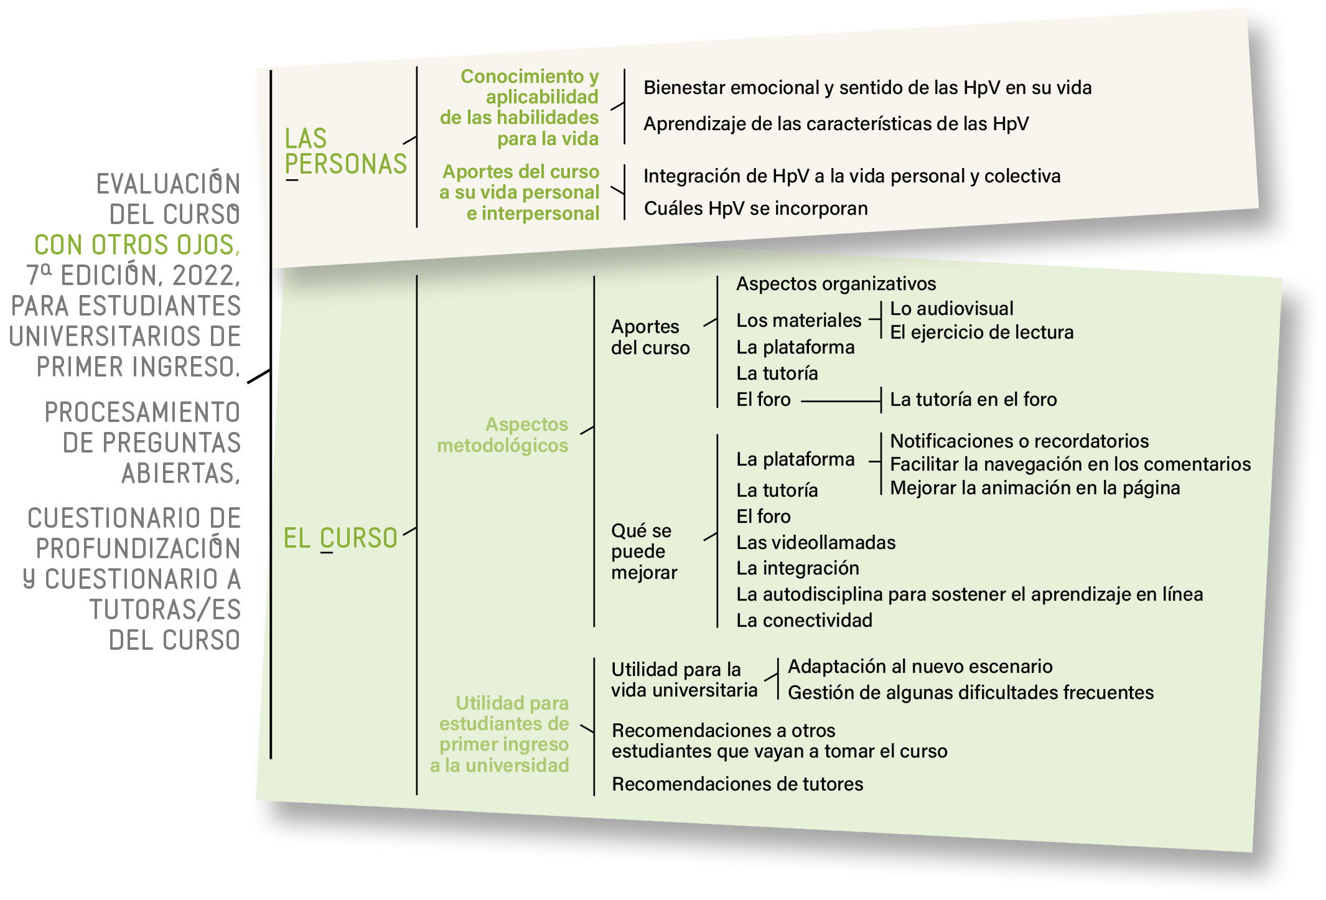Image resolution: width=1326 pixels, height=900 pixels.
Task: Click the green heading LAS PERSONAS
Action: [x=345, y=151]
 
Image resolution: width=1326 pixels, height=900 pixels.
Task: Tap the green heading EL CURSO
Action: [x=340, y=538]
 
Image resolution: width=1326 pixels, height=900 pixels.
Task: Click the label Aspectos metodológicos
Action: [x=503, y=434]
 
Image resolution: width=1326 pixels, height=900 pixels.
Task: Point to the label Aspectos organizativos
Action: [x=836, y=284]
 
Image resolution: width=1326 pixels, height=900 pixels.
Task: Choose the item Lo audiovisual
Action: [x=951, y=308]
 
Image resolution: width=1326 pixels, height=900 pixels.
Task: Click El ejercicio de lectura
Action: [x=981, y=332]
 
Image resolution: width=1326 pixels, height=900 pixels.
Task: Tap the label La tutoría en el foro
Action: [x=973, y=399]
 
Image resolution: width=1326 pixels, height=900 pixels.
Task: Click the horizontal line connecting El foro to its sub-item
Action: [x=840, y=401]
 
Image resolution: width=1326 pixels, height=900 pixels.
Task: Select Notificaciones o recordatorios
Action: [x=1019, y=441]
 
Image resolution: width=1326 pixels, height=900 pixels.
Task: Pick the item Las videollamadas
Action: [x=816, y=542]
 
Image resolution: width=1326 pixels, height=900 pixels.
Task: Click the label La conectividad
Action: [x=804, y=620]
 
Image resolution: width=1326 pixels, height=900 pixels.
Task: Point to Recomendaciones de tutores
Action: [x=737, y=784]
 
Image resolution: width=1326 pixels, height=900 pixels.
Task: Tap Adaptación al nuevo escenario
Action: [x=920, y=666]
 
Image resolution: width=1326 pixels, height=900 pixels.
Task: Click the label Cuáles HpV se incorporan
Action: [x=755, y=208]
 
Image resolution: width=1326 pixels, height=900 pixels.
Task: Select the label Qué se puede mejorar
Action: [x=644, y=551]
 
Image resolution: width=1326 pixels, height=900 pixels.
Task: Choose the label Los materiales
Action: [x=798, y=321]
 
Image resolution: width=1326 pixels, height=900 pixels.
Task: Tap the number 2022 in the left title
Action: [x=206, y=276]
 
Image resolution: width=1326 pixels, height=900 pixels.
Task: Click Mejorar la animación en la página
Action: [x=1035, y=488]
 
